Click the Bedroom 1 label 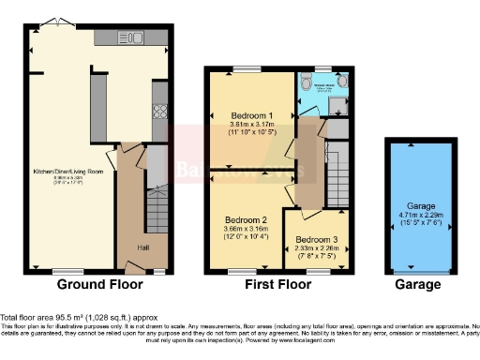tap(248, 116)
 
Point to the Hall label tap(129, 247)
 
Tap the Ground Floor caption tap(99, 284)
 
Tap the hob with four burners tap(158, 110)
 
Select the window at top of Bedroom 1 tap(247, 68)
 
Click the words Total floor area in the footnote tap(26, 318)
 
